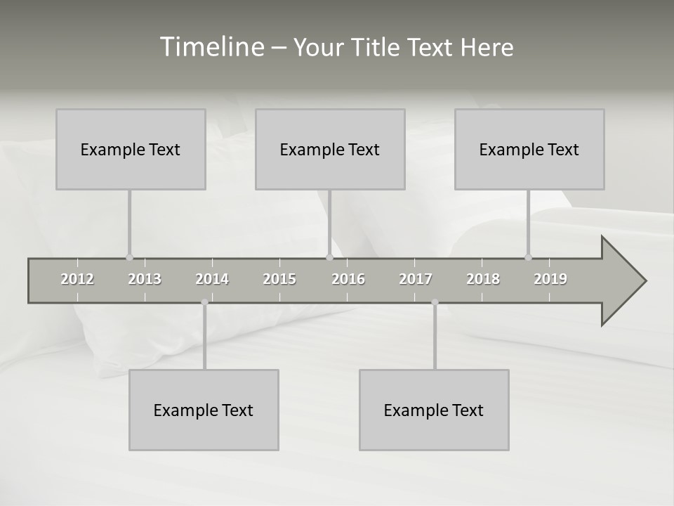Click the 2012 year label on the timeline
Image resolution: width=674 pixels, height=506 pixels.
(77, 279)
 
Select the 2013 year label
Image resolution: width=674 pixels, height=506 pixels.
(145, 279)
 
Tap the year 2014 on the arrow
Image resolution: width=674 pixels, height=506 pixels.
(212, 279)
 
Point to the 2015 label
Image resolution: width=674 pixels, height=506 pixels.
(279, 279)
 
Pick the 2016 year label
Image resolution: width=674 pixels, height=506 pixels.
(348, 279)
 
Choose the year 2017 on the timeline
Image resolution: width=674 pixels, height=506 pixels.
(416, 279)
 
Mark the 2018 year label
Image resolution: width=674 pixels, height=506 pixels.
(483, 279)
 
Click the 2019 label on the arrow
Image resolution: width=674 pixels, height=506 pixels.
(550, 279)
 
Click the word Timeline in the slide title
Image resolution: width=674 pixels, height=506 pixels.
(211, 47)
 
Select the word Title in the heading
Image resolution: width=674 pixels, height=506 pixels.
(377, 48)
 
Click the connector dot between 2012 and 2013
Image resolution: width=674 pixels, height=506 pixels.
(129, 257)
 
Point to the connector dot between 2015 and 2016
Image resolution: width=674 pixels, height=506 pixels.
(329, 257)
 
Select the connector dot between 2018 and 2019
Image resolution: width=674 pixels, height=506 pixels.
(528, 257)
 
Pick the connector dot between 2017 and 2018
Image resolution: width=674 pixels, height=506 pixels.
(435, 302)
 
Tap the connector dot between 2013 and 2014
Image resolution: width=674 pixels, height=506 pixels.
(204, 302)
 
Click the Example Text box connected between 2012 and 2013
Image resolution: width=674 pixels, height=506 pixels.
(131, 149)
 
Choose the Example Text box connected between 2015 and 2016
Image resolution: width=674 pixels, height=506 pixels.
(330, 149)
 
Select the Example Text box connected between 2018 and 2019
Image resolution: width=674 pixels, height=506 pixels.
(529, 149)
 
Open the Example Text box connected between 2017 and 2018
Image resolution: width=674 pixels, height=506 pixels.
(434, 410)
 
